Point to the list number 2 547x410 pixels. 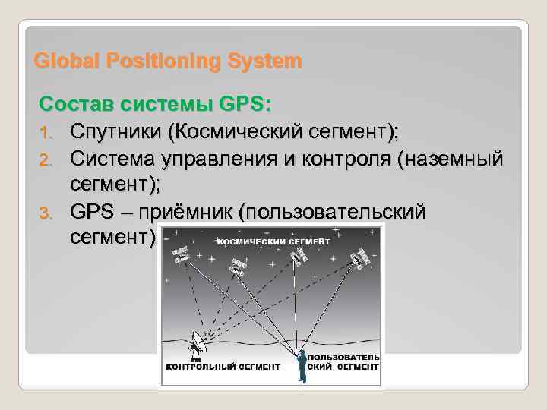(x=46, y=159)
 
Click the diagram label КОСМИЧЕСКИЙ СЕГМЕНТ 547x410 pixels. (x=274, y=241)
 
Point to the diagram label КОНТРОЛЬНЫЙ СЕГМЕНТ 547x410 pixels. (x=223, y=366)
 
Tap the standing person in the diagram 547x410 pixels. (x=302, y=364)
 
